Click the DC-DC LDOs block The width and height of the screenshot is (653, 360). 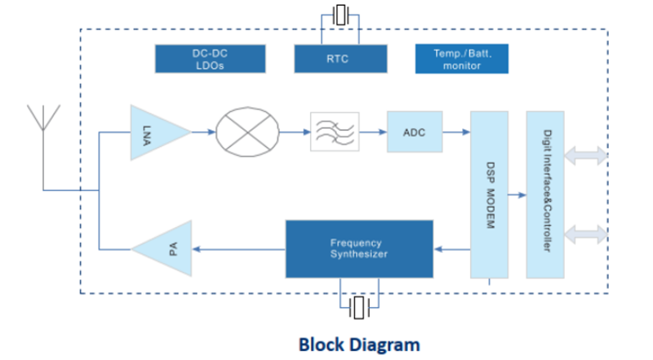click(210, 59)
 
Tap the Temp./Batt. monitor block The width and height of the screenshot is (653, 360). click(462, 59)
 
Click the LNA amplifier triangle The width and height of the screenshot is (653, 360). click(155, 131)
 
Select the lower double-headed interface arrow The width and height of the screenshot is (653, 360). click(585, 233)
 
